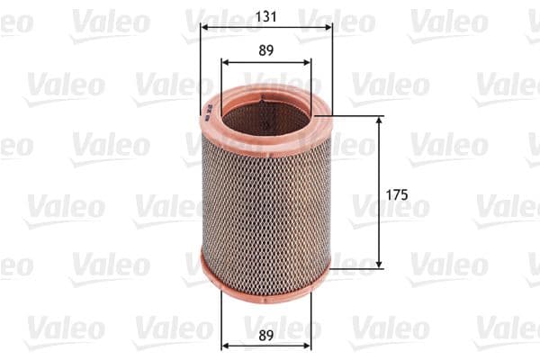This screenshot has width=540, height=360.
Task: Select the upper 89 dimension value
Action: [x=265, y=50]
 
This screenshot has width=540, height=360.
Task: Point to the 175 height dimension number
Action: [x=397, y=193]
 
